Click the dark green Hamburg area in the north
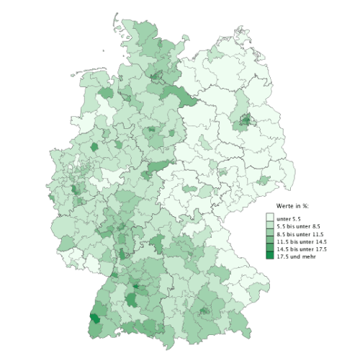tap(156, 76)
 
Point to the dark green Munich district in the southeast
tap(204, 311)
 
